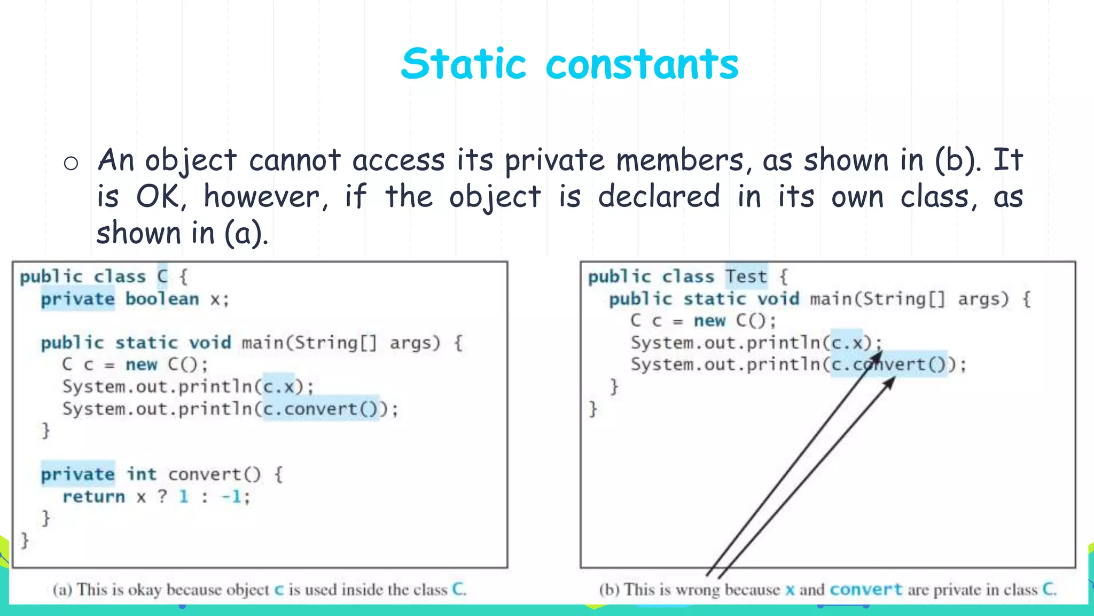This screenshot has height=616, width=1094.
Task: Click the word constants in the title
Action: (642, 65)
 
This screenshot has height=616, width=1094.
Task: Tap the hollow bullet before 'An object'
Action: (71, 163)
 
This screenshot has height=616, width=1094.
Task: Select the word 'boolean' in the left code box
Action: (162, 298)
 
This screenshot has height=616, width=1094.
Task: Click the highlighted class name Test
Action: (746, 276)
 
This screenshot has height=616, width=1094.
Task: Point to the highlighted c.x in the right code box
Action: (847, 342)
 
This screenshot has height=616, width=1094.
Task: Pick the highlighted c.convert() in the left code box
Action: (321, 409)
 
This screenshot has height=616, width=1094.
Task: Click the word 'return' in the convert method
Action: (93, 497)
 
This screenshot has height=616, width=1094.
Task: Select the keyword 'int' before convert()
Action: (142, 474)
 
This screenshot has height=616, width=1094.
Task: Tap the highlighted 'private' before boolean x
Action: (78, 298)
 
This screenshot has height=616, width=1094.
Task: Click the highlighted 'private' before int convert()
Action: (78, 474)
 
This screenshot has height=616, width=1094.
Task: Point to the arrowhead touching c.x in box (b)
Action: (878, 355)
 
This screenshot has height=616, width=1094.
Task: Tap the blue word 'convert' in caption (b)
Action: (866, 590)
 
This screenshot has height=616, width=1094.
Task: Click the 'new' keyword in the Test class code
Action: (709, 321)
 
